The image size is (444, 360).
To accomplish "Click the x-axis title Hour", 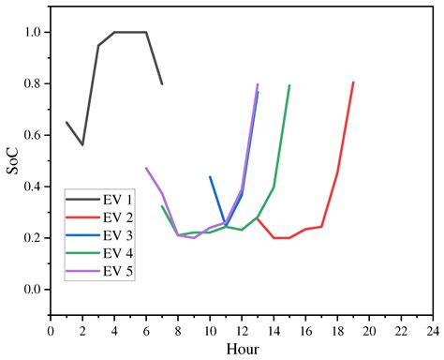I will tap(241, 349).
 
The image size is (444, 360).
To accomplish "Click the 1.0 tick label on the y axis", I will tap(32, 32).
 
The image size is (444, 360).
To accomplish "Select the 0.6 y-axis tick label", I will tap(32, 135).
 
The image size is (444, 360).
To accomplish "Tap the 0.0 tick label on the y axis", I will tap(32, 290).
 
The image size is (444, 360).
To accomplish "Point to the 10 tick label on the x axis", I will tap(210, 330).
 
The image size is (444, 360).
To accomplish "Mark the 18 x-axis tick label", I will tap(337, 330).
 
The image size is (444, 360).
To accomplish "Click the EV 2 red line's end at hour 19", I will tap(353, 82).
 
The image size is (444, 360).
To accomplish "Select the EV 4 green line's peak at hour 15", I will tap(289, 85).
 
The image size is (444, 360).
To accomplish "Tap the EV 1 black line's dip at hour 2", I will tap(82, 144).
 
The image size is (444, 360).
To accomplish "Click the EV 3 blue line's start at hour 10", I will tap(210, 176).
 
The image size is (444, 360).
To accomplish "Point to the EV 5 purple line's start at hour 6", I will tap(146, 168).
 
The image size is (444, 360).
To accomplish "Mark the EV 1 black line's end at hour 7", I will tap(162, 83).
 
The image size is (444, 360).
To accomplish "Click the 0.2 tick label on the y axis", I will tap(32, 238).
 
